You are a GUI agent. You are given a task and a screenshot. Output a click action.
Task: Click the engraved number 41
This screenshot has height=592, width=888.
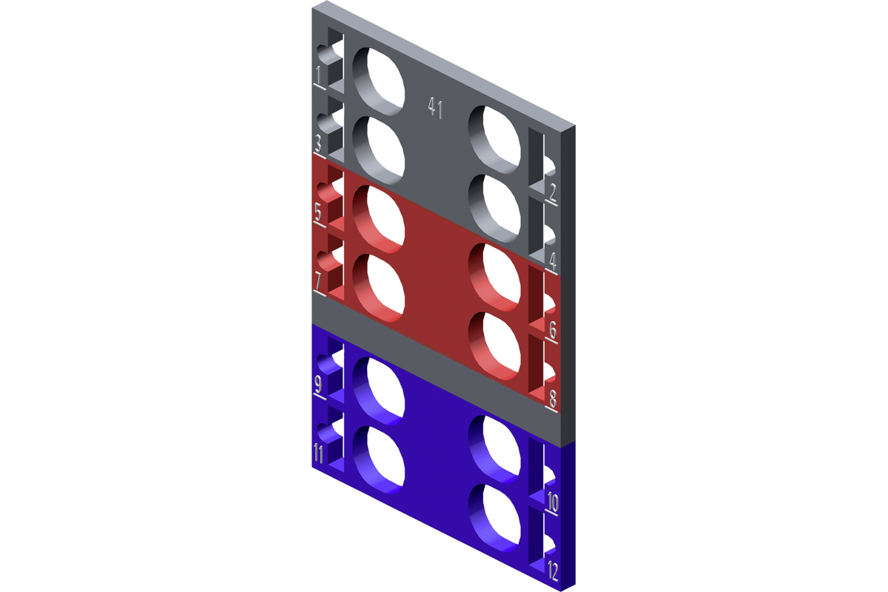click(x=435, y=107)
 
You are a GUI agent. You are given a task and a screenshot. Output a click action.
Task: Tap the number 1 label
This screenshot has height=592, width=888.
click(x=318, y=75)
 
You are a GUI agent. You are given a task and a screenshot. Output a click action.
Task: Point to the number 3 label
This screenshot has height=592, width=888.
click(x=318, y=143)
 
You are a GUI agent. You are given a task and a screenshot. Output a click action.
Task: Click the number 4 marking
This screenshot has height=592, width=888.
click(x=553, y=261)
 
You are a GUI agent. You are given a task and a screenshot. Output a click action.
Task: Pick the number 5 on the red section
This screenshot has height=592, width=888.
click(x=318, y=213)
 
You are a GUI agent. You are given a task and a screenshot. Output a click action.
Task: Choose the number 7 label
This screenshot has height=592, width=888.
click(x=318, y=280)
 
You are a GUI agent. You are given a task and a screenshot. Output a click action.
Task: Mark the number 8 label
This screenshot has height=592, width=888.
click(x=553, y=399)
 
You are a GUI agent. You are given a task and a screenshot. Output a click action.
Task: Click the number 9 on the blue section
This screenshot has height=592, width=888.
click(x=318, y=385)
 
